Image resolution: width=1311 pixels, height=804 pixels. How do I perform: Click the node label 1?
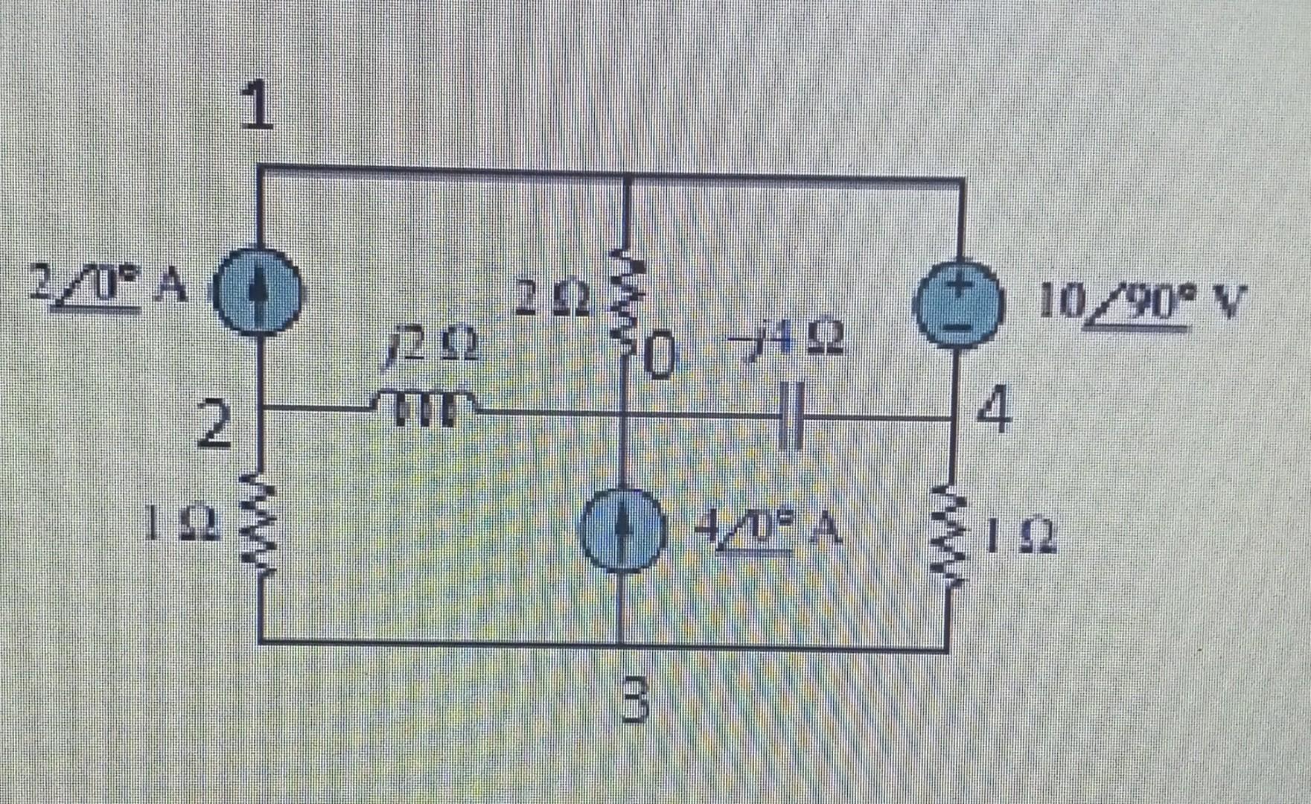tap(258, 106)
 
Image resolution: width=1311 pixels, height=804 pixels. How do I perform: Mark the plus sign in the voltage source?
tap(962, 284)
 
